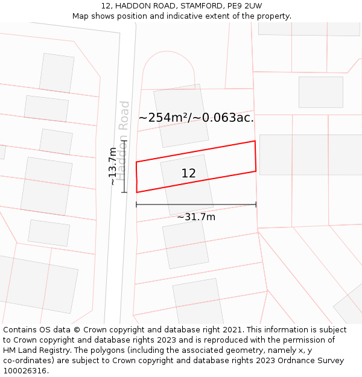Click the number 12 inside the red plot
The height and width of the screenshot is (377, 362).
(x=188, y=174)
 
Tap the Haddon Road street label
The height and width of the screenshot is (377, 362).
(x=123, y=141)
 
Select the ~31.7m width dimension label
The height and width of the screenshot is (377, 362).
(x=196, y=217)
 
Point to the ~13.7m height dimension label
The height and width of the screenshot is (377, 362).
(x=112, y=166)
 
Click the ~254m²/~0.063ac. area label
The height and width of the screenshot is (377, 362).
(x=196, y=118)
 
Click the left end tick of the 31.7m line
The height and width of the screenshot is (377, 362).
(x=137, y=204)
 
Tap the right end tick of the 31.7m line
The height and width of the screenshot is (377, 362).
(x=256, y=204)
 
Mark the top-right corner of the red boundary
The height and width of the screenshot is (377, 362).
(x=255, y=141)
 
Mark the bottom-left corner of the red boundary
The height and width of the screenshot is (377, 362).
(x=137, y=192)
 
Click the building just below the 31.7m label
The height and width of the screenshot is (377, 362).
(x=185, y=244)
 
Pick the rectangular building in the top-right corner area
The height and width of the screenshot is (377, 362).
(x=321, y=92)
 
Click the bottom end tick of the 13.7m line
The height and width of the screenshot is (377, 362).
(x=124, y=192)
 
